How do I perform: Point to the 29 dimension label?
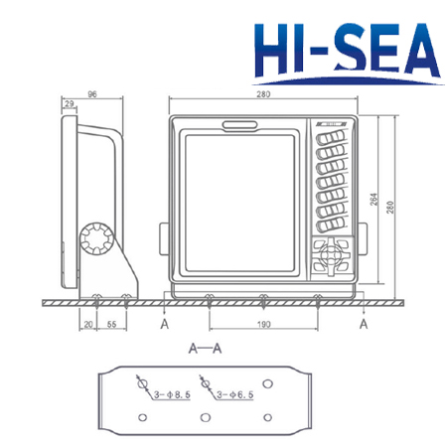[x=68, y=104]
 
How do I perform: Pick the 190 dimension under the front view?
[x=261, y=325]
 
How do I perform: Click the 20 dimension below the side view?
[x=87, y=325]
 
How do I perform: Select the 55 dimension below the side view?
[x=110, y=325]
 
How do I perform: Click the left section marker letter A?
[x=163, y=324]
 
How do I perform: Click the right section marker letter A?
[x=364, y=324]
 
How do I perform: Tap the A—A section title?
[x=203, y=349]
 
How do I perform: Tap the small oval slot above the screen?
[x=241, y=125]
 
